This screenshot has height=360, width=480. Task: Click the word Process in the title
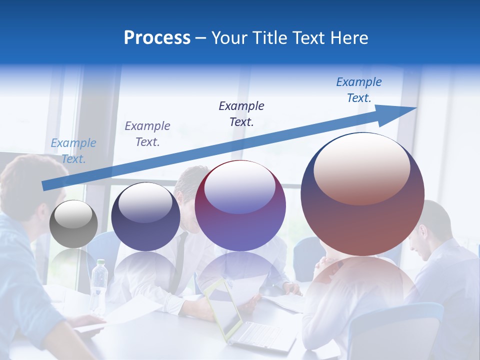click(157, 38)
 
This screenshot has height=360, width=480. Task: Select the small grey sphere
click(73, 224)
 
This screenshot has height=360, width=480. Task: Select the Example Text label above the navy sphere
click(147, 134)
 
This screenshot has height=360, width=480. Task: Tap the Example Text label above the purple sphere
click(241, 113)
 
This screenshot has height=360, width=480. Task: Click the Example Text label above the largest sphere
click(359, 90)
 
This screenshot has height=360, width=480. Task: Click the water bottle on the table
click(99, 284)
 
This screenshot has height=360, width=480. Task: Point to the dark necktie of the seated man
click(178, 260)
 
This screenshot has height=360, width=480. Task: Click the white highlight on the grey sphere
click(73, 215)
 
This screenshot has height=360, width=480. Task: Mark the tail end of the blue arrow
click(45, 185)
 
